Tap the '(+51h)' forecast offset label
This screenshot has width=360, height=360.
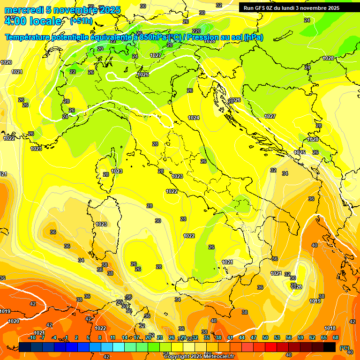(81, 21)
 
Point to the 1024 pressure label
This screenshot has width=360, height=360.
(194, 118)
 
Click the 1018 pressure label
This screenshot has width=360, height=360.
(330, 328)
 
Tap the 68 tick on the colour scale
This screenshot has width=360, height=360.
(335, 337)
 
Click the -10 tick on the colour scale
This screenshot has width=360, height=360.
(32, 337)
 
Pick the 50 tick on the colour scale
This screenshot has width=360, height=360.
(265, 337)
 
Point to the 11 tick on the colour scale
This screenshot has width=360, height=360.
(113, 337)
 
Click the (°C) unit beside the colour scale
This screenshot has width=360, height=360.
(345, 347)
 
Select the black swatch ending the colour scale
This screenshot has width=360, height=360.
(330, 347)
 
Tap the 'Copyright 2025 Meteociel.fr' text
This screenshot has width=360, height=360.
(199, 356)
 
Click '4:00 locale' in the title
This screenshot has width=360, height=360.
(33, 21)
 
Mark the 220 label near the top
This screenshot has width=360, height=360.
(196, 31)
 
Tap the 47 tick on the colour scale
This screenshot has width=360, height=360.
(254, 337)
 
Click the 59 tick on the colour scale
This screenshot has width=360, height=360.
(300, 337)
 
